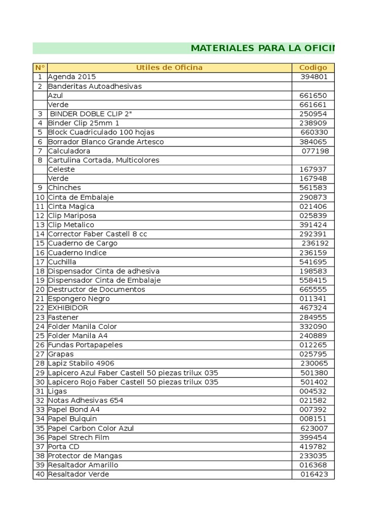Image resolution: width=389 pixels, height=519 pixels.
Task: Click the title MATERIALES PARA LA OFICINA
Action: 262,49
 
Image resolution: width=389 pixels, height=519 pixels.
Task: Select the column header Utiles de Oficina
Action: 169,67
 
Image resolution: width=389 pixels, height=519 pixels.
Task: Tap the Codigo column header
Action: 313,67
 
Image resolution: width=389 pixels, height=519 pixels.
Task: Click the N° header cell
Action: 40,67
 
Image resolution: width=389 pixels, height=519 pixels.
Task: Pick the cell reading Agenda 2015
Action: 71,77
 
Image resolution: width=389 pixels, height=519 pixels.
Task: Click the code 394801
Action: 314,77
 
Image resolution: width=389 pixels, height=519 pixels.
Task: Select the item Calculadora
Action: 69,151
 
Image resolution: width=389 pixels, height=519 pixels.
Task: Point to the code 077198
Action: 315,151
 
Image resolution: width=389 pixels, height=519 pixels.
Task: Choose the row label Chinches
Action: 64,188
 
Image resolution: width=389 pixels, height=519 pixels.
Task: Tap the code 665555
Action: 313,289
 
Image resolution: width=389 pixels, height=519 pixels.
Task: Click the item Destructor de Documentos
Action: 96,289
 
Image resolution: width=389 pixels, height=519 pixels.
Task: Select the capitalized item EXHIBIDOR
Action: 68,308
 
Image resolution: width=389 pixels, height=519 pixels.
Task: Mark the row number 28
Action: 40,363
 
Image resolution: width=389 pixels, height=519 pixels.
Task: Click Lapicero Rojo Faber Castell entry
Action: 133,382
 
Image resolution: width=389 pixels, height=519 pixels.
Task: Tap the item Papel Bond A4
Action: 73,410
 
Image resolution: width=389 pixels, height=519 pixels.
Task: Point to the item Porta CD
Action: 63,447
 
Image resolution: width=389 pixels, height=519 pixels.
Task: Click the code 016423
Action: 314,474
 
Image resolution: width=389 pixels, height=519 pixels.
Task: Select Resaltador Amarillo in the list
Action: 83,465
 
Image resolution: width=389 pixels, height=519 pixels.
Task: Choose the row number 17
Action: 40,262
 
